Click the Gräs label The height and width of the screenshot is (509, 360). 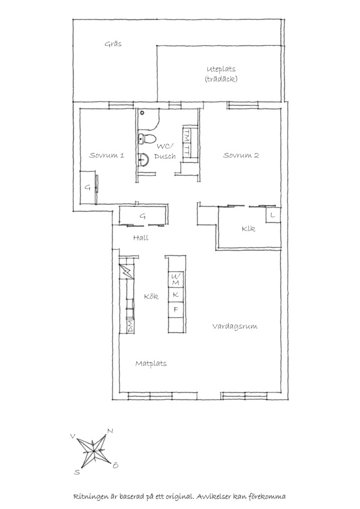tap(113, 44)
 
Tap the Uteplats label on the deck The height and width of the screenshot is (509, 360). tap(221, 69)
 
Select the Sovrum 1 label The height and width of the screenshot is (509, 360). tap(107, 155)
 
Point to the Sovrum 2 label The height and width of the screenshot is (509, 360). tap(241, 155)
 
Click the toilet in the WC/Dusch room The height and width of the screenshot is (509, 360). tap(146, 139)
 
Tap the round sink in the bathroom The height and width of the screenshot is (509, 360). tap(143, 159)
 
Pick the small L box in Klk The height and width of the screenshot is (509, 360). tap(273, 215)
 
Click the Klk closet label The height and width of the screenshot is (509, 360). tap(248, 229)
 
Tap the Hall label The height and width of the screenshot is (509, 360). tap(141, 238)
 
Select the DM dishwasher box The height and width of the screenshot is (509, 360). tap(131, 326)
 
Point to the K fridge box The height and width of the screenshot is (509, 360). tap(176, 295)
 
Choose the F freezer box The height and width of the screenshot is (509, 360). tap(176, 310)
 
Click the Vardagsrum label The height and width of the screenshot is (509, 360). tap(235, 326)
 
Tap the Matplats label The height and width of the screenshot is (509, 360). tap(151, 363)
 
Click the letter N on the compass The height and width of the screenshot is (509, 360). tap(110, 431)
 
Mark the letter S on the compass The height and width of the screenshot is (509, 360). tap(77, 472)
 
